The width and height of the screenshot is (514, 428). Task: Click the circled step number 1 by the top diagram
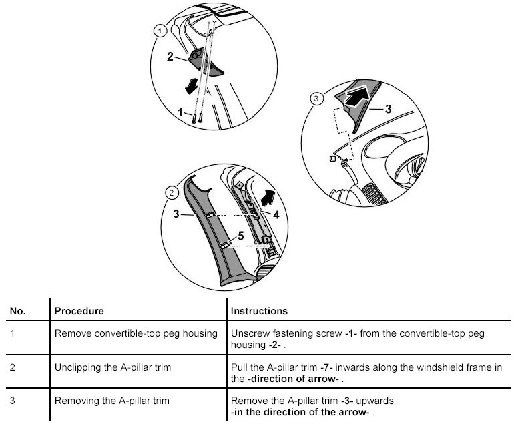tap(159, 30)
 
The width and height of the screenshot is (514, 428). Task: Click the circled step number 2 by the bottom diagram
tap(172, 193)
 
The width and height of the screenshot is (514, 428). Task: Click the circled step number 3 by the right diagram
tap(316, 99)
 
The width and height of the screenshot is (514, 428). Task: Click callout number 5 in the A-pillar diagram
tap(240, 236)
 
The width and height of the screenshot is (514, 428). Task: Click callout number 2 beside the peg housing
tap(170, 57)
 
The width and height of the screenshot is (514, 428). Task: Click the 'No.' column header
tap(17, 311)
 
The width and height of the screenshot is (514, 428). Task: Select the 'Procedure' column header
tap(79, 311)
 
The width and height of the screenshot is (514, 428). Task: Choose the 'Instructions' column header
tap(259, 311)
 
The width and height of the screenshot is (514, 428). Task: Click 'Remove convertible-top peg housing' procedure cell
tap(136, 333)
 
